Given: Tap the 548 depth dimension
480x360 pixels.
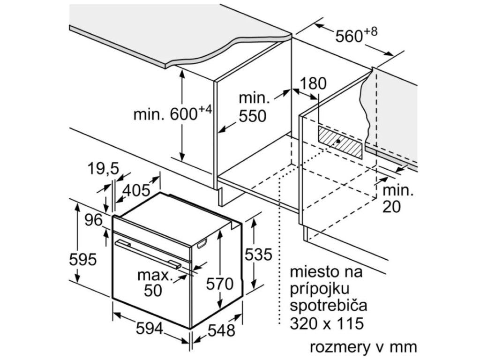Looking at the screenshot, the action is point(221,330).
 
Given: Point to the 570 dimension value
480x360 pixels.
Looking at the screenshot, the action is point(220,284).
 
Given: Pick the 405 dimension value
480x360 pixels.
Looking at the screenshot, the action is point(136,191).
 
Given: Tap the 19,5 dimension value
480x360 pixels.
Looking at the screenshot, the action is point(102,168).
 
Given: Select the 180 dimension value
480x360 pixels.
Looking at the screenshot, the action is point(313,84).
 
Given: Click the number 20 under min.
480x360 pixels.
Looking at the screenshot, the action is point(392,207).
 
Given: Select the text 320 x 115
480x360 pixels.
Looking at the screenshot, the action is point(327,323).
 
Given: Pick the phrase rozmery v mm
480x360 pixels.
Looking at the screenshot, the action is point(363,347).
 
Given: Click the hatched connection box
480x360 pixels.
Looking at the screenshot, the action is point(340,142).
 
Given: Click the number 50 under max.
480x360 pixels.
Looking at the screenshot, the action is point(152,291).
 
